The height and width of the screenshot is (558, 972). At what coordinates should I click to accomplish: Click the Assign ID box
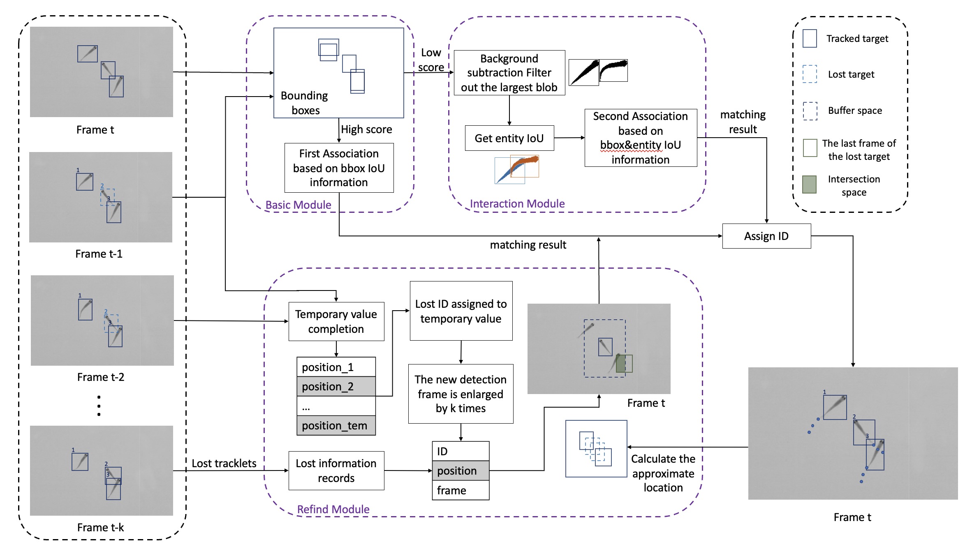point(766,236)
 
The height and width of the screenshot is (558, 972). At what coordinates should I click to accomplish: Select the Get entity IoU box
point(509,138)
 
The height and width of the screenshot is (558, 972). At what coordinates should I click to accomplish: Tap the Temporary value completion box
point(336,321)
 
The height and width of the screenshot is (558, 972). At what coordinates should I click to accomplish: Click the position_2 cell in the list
point(336,387)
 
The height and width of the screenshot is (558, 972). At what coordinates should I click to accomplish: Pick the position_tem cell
point(336,426)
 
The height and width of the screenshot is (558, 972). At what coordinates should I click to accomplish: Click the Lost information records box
point(336,470)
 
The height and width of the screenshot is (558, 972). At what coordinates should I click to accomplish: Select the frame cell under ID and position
point(461,490)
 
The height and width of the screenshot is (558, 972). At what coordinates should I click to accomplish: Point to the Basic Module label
point(298,205)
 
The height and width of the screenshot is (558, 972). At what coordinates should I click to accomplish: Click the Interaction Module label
point(517,203)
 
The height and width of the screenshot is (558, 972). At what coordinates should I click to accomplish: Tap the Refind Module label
point(333,509)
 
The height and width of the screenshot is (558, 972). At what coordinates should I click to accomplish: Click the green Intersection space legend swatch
point(809,184)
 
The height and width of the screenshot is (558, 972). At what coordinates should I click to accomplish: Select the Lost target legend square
point(810,74)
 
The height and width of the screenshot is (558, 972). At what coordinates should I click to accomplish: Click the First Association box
point(339,168)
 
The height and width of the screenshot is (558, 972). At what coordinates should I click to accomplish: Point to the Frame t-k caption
point(100,527)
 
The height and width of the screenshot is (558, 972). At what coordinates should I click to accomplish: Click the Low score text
point(430,60)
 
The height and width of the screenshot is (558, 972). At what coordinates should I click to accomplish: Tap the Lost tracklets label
point(224,463)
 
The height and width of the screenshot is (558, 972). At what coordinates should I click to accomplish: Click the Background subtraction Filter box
point(509,73)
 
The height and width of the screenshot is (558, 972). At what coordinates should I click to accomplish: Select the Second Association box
point(640,138)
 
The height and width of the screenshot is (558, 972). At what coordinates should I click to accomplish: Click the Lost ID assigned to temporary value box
point(461,311)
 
